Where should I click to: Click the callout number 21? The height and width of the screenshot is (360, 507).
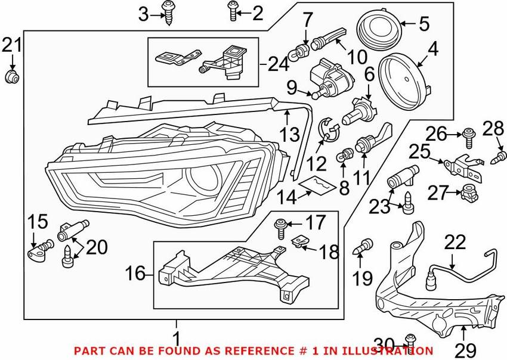click(11, 45)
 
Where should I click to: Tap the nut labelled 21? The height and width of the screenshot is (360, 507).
click(11, 76)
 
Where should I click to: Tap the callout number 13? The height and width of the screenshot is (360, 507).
click(290, 135)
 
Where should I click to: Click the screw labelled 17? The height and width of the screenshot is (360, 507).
click(280, 226)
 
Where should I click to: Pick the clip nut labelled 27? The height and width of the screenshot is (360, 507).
click(469, 193)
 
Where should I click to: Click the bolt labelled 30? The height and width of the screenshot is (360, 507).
click(409, 339)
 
